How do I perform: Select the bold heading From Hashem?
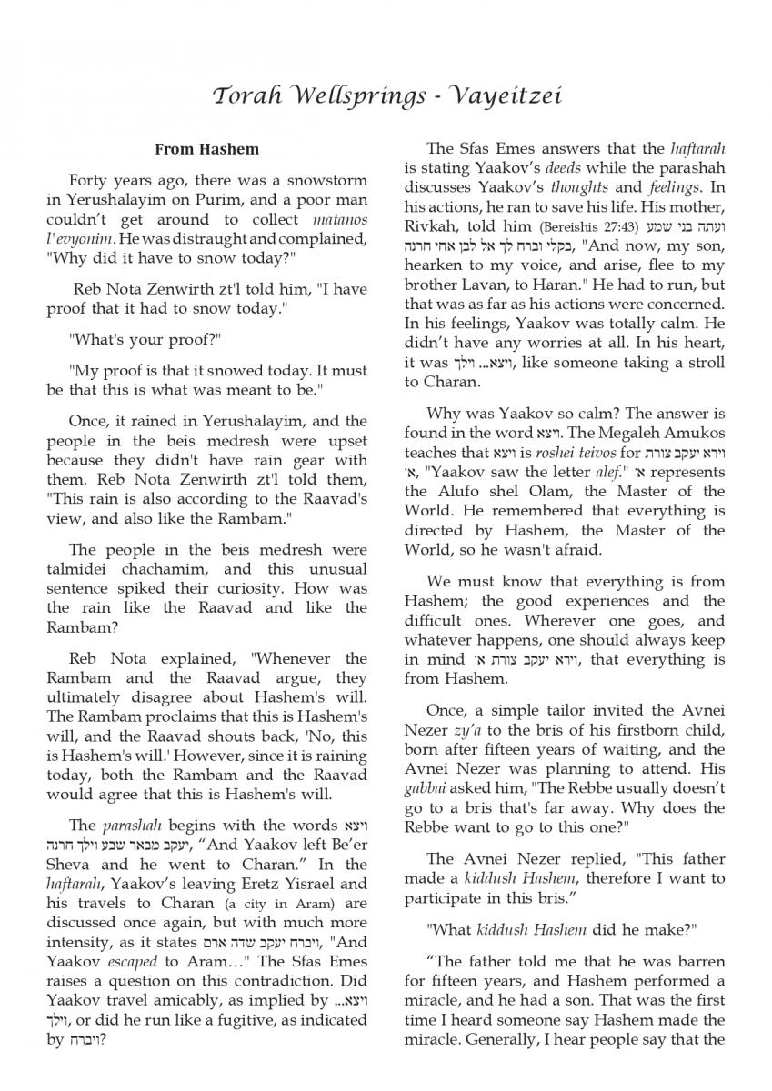(206, 149)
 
